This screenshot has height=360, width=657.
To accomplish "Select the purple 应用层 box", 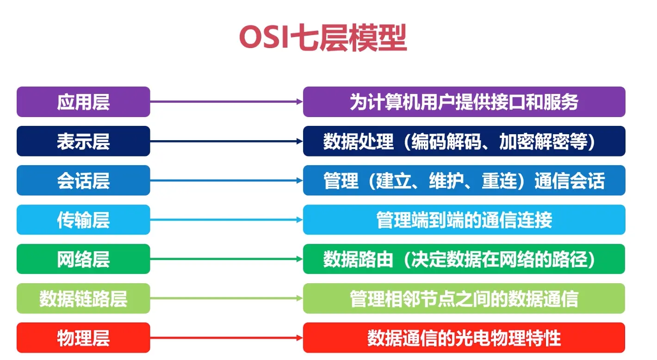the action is click(x=83, y=102).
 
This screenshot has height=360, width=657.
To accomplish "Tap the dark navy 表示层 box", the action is click(x=83, y=141).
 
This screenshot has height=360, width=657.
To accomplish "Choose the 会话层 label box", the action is click(x=83, y=180).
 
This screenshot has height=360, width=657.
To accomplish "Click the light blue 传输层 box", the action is click(x=83, y=220).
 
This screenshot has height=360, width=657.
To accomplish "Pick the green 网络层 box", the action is click(x=83, y=259).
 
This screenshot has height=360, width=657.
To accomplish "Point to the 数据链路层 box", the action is click(x=83, y=298).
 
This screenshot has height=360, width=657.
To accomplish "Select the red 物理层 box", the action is click(x=83, y=338).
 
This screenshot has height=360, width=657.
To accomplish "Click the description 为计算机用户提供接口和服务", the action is click(x=464, y=102).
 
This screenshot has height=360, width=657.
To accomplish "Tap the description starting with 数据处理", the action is click(x=464, y=141).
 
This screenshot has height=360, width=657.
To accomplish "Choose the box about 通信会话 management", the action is click(x=464, y=180).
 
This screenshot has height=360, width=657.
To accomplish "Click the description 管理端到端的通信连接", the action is click(x=464, y=220).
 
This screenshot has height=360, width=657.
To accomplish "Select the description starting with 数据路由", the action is click(x=464, y=259).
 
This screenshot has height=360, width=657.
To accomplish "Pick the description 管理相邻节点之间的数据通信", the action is click(x=464, y=298).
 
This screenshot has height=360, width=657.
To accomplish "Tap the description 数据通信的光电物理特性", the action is click(x=464, y=338).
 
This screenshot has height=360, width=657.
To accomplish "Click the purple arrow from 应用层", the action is click(x=226, y=101).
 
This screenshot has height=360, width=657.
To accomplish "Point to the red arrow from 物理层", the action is click(x=226, y=338).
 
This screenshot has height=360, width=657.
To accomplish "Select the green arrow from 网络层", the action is click(x=226, y=259).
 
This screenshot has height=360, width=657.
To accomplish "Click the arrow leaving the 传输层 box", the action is click(x=226, y=220).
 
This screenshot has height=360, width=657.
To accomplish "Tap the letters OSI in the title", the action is click(x=263, y=37).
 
